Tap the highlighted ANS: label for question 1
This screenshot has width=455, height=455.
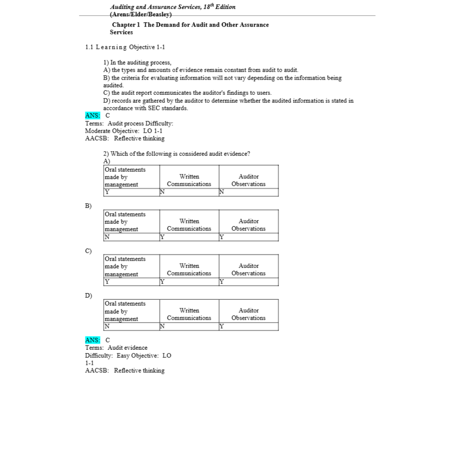tap(93, 115)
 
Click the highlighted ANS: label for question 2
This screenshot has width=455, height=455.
tap(93, 340)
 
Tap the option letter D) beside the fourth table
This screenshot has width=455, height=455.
tap(88, 295)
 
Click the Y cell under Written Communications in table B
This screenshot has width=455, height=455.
tap(162, 237)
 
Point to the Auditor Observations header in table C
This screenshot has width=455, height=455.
tap(249, 270)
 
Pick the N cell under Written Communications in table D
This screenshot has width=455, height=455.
tap(162, 327)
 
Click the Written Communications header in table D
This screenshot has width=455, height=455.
tap(189, 314)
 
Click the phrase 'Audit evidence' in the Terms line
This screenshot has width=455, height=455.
tap(128, 348)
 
